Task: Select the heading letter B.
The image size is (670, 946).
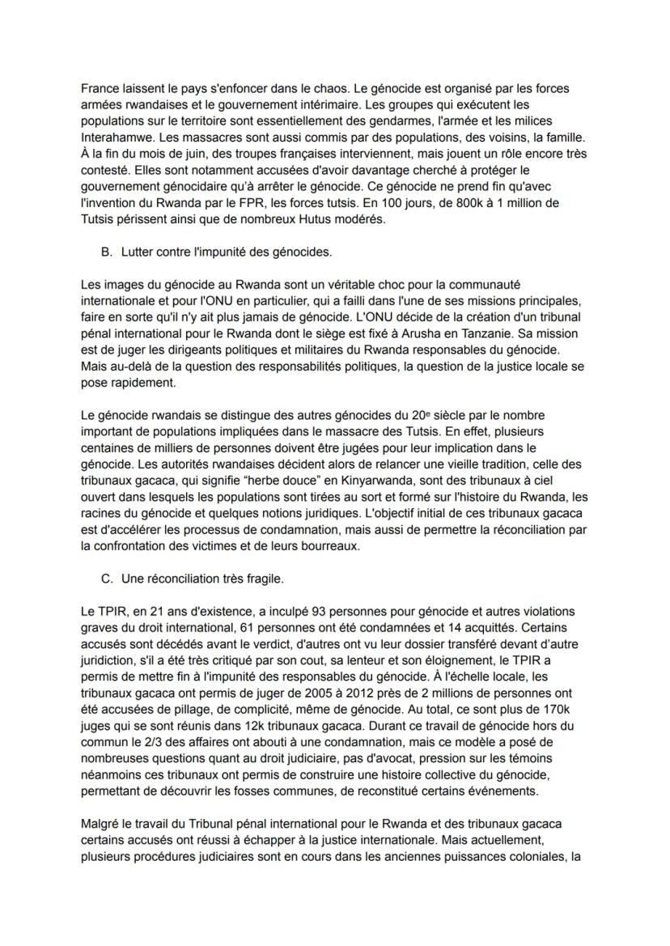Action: pyautogui.click(x=106, y=252)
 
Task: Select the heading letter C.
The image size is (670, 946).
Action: pyautogui.click(x=106, y=579)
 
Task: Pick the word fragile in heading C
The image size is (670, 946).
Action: pyautogui.click(x=264, y=579)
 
